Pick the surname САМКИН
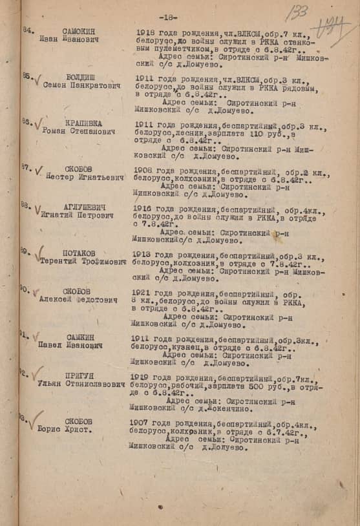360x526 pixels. tap(78, 337)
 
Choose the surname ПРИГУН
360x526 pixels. tap(79, 375)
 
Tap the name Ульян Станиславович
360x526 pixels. tap(81, 384)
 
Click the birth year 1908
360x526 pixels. tap(145, 171)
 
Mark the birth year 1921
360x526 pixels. tap(143, 293)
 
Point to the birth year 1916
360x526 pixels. tap(144, 209)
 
